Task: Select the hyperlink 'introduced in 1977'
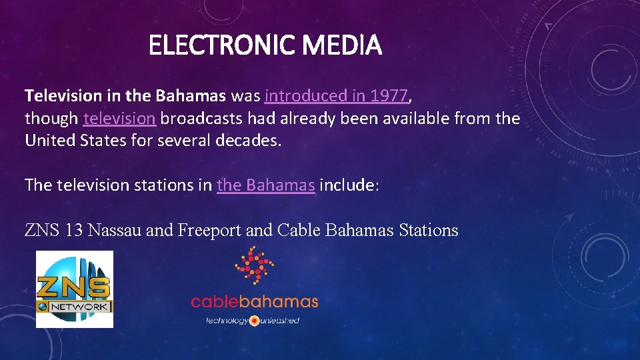coord(336,96)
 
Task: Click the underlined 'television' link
coord(119,119)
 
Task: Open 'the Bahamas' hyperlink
coord(265,185)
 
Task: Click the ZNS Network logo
coord(74,289)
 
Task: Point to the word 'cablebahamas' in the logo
coord(254,301)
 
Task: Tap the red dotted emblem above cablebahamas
coord(254,265)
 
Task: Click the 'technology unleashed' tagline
coord(253,321)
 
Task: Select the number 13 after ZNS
coord(74,231)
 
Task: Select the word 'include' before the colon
coord(347,185)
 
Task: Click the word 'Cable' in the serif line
coord(298,231)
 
